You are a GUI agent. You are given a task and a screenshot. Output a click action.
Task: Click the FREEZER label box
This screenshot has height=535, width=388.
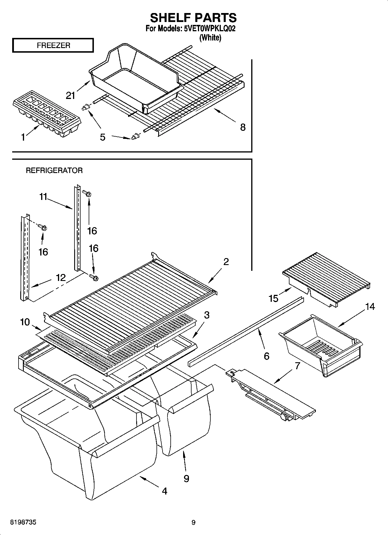coord(53,45)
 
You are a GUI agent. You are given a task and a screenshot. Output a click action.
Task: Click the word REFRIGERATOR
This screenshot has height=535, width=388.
coord(54,170)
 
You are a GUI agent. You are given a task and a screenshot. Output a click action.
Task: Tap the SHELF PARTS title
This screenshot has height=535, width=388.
coord(193,18)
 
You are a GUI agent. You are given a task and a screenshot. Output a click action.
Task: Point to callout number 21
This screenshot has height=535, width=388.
coord(71,95)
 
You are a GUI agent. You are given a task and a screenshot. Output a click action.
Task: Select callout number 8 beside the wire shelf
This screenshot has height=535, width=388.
coord(243,127)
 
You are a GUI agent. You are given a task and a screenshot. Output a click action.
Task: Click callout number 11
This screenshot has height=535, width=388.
coord(43,197)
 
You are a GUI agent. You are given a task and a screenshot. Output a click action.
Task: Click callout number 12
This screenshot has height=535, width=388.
coord(61,277)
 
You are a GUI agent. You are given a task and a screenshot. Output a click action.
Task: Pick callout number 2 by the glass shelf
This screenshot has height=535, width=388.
coord(226,262)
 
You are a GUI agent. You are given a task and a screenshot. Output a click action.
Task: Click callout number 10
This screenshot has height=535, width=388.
coord(25,321)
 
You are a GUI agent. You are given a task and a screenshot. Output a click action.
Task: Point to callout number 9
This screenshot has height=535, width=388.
coord(186,478)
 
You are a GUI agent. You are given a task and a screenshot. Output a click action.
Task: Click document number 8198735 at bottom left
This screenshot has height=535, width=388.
coord(23,522)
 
